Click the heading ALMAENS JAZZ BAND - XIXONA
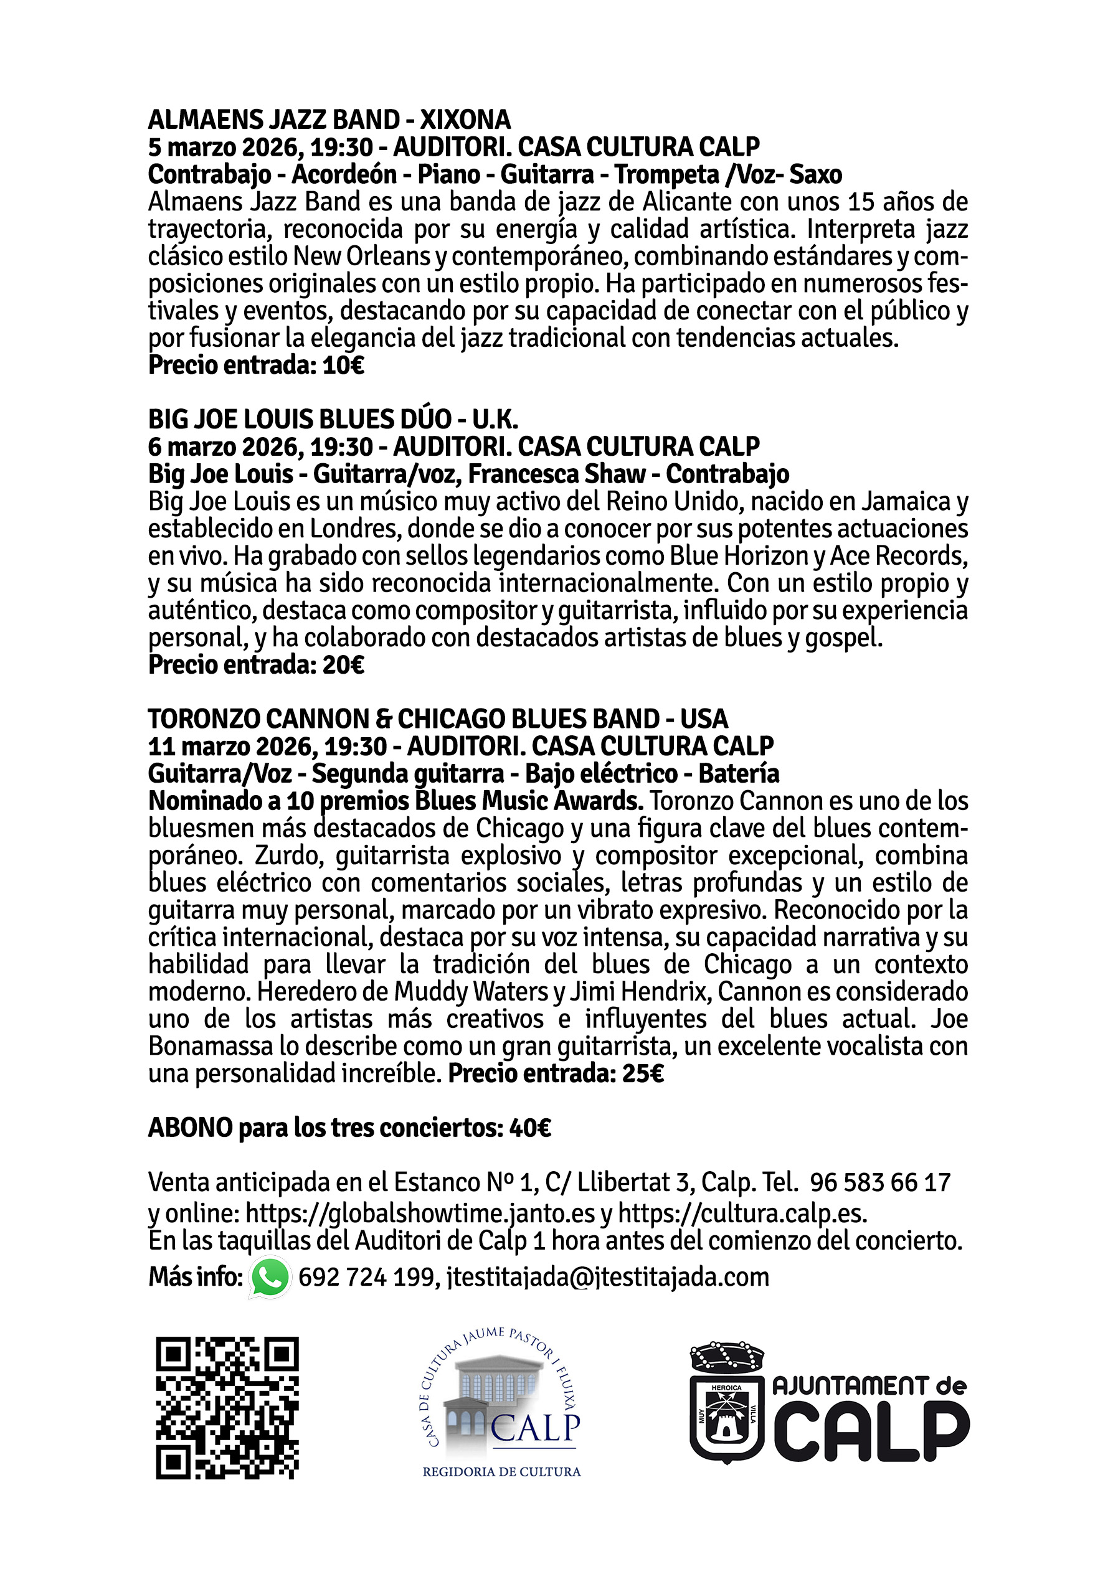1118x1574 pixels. [329, 120]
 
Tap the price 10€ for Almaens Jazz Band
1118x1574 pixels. [343, 365]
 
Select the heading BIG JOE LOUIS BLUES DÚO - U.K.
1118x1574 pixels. [333, 419]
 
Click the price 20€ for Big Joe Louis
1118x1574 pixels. [343, 666]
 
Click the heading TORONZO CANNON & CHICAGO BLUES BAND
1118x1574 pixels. [438, 719]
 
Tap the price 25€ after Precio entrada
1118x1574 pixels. [643, 1073]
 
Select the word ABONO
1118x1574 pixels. [190, 1128]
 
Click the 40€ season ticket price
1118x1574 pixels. [530, 1128]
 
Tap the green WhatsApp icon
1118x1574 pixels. [270, 1278]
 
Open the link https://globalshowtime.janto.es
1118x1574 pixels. [420, 1213]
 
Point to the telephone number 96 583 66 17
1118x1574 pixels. [880, 1182]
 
